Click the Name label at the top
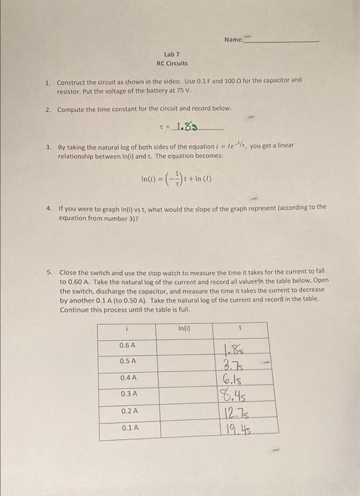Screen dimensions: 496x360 click(232, 40)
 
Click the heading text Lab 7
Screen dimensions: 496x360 click(172, 54)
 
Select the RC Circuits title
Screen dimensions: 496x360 click(172, 63)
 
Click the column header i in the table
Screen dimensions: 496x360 click(126, 329)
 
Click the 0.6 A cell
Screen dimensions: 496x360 click(128, 345)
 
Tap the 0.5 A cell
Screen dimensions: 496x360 click(128, 361)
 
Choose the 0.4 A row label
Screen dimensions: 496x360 click(128, 378)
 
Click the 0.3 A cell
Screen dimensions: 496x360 click(128, 394)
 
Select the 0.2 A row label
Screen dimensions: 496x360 click(128, 411)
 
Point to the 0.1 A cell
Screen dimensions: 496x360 click(128, 427)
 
